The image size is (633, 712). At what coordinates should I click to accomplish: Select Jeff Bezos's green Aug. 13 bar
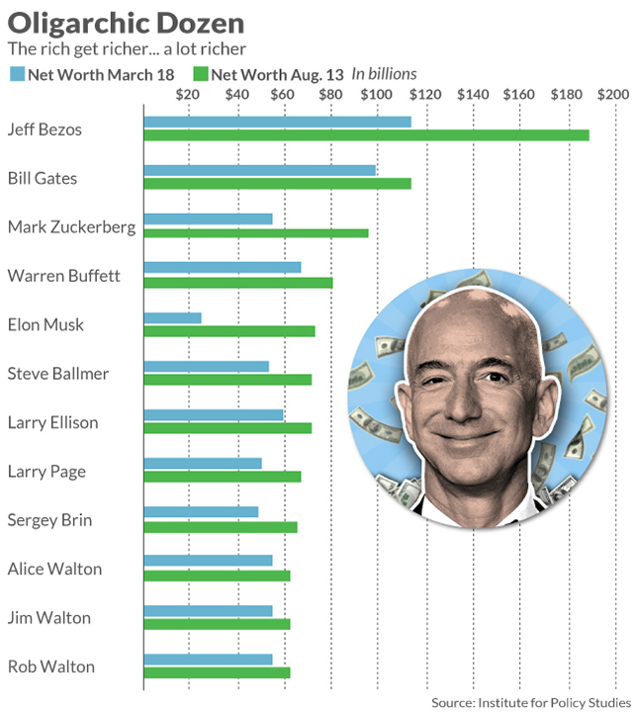(366, 134)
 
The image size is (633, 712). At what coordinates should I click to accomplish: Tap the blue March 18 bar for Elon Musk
(173, 317)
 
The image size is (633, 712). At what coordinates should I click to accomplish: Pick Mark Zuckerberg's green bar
(256, 232)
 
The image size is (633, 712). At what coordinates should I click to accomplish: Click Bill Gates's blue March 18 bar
(260, 170)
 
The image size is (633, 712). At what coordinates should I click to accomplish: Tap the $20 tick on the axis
(187, 95)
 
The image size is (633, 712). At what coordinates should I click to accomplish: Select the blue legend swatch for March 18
(17, 74)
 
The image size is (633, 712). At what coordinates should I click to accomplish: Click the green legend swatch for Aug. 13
(200, 74)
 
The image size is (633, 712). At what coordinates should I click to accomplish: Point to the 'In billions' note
(385, 74)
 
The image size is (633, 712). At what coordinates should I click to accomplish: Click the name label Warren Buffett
(63, 276)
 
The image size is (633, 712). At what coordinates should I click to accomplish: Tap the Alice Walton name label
(54, 569)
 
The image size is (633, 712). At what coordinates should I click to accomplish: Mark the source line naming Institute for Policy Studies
(528, 701)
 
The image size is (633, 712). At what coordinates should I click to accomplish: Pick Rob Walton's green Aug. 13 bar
(217, 672)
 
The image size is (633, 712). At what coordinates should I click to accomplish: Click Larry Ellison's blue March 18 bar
(214, 415)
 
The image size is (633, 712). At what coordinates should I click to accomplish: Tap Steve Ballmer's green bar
(227, 379)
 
